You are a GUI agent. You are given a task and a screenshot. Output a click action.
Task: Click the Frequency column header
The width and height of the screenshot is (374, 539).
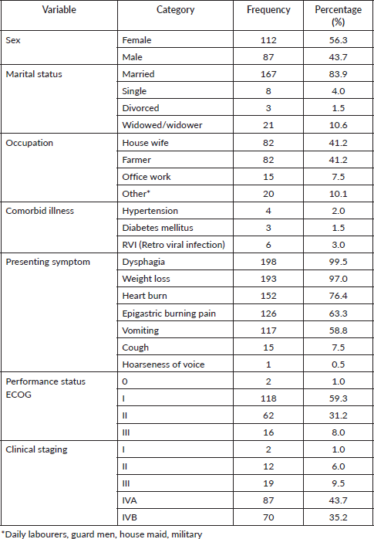click(268, 9)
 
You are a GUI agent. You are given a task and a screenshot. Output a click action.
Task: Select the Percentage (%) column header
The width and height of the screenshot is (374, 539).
click(338, 15)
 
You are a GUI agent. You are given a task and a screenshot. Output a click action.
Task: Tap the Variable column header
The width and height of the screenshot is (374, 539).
click(59, 9)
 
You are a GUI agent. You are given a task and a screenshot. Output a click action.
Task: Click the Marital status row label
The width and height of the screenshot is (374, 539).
click(34, 74)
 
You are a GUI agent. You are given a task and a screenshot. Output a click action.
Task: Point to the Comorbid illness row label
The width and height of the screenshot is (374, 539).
click(40, 211)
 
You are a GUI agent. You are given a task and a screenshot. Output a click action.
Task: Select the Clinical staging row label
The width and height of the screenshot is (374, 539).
click(37, 449)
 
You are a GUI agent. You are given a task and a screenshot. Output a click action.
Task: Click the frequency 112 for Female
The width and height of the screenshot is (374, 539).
click(268, 40)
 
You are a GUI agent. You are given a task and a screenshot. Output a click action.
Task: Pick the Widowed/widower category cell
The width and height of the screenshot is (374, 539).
click(162, 125)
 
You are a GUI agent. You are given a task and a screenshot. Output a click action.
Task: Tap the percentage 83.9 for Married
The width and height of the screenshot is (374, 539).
click(338, 74)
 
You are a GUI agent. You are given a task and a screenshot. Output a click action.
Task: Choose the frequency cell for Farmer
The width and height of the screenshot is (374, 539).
click(268, 160)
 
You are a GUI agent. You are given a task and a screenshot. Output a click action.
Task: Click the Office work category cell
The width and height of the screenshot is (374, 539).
click(147, 177)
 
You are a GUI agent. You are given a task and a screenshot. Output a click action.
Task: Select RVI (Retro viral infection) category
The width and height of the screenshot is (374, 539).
click(174, 245)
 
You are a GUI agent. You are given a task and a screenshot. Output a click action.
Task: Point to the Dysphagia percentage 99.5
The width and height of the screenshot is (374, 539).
click(338, 262)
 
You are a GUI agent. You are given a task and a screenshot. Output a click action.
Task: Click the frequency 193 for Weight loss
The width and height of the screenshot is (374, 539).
click(268, 279)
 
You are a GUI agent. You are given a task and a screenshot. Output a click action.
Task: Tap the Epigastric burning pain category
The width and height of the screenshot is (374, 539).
click(169, 314)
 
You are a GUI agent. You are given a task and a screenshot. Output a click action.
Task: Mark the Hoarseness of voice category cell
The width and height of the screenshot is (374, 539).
click(163, 364)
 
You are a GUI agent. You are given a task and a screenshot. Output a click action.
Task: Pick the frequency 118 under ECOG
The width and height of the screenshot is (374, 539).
click(268, 398)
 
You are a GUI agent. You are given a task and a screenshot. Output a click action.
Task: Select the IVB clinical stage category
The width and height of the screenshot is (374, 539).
click(130, 517)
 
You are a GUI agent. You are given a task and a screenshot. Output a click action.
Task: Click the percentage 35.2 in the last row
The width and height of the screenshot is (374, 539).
click(338, 517)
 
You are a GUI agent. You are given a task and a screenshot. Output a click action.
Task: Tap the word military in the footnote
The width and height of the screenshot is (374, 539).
click(187, 534)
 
